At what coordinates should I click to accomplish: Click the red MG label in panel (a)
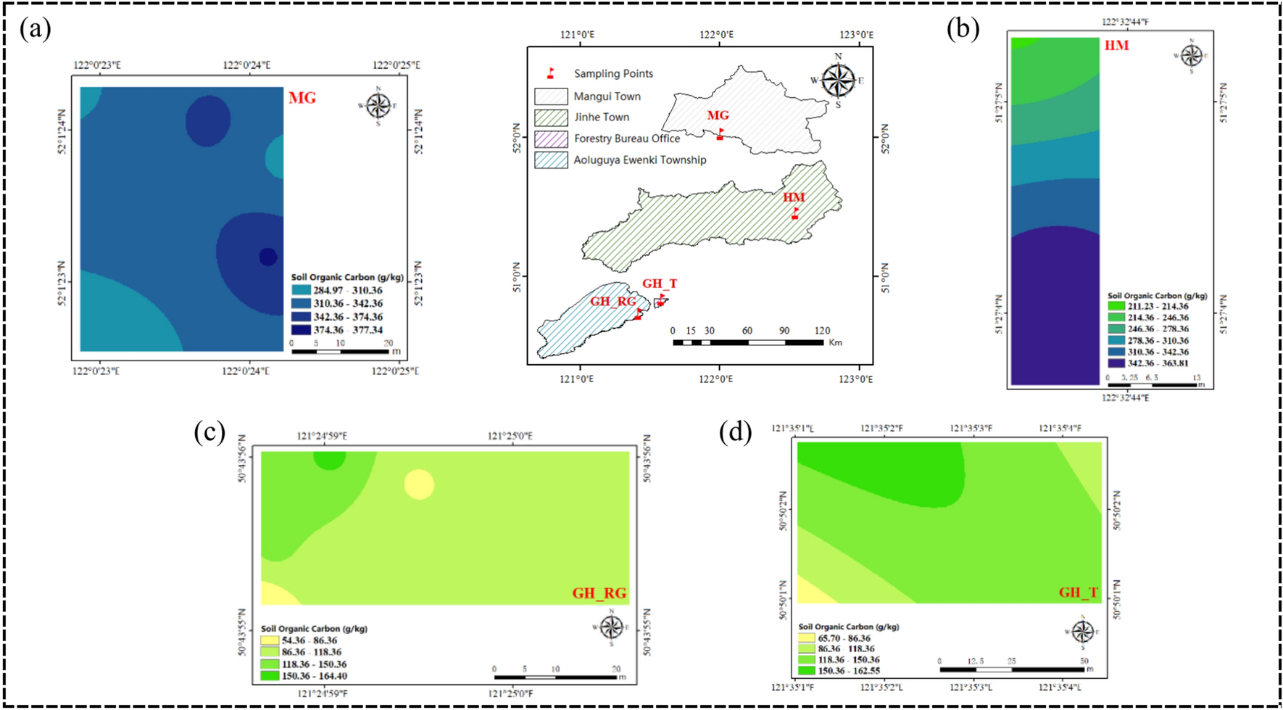point(302,98)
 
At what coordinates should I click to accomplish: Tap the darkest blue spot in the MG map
point(268,257)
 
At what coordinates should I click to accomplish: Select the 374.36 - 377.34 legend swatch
point(301,330)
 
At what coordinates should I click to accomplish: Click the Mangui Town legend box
point(551,96)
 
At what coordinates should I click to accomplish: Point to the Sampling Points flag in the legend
point(551,73)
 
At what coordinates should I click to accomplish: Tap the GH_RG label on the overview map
point(613,301)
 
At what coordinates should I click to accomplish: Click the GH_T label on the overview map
point(660,284)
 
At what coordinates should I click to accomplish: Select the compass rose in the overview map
point(839,80)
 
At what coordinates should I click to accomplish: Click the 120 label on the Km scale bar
point(822,331)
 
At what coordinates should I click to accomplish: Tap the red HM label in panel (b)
point(1116,46)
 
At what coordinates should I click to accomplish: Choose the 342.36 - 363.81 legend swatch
point(1116,363)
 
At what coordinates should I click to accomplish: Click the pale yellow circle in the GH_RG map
point(419,484)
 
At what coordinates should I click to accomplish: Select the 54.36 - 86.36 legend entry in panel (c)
point(270,640)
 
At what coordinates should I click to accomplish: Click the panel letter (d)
point(735,432)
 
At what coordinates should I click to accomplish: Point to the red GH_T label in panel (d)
point(1078,593)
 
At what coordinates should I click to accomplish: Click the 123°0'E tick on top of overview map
point(856,34)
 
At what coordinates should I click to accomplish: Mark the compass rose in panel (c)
point(611,627)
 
